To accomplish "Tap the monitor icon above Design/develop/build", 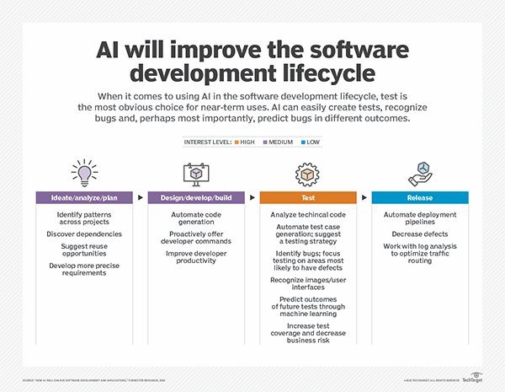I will pos(196,173).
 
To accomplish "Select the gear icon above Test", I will pos(308,173).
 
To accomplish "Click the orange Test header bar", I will pos(308,198).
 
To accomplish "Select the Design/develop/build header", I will pos(196,198).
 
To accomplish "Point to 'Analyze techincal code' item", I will pos(308,215).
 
